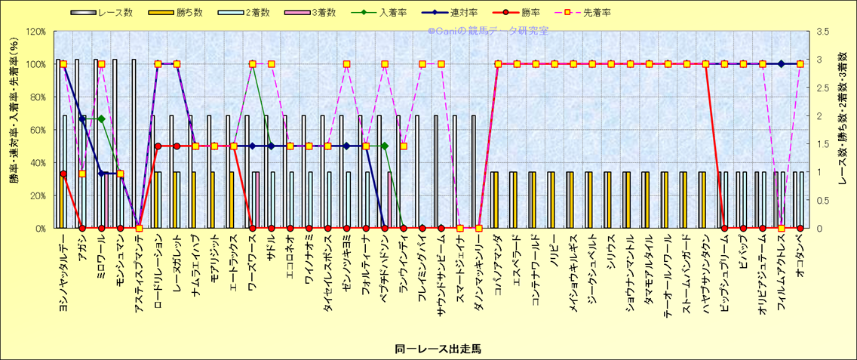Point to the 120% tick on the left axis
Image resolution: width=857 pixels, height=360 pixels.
pyautogui.click(x=35, y=32)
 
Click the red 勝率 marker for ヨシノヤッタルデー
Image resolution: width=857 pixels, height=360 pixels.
pyautogui.click(x=63, y=174)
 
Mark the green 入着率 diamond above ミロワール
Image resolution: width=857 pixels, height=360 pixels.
pyautogui.click(x=101, y=118)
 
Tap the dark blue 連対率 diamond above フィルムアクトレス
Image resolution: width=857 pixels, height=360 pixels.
pyautogui.click(x=782, y=64)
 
